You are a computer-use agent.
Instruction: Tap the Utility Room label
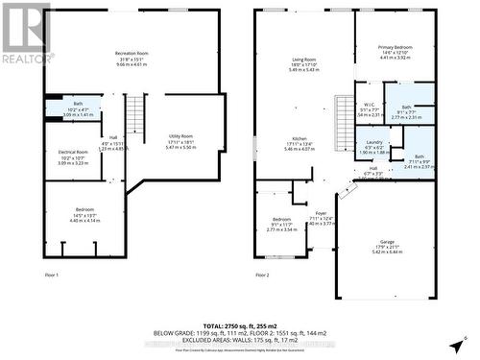pos(180,136)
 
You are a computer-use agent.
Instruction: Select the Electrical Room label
pos(74,153)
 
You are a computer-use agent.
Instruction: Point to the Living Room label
pos(304,59)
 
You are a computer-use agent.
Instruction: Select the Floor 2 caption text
pos(263,276)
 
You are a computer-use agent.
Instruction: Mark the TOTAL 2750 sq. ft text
pos(239,326)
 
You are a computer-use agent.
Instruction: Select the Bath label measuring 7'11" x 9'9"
pos(419,156)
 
